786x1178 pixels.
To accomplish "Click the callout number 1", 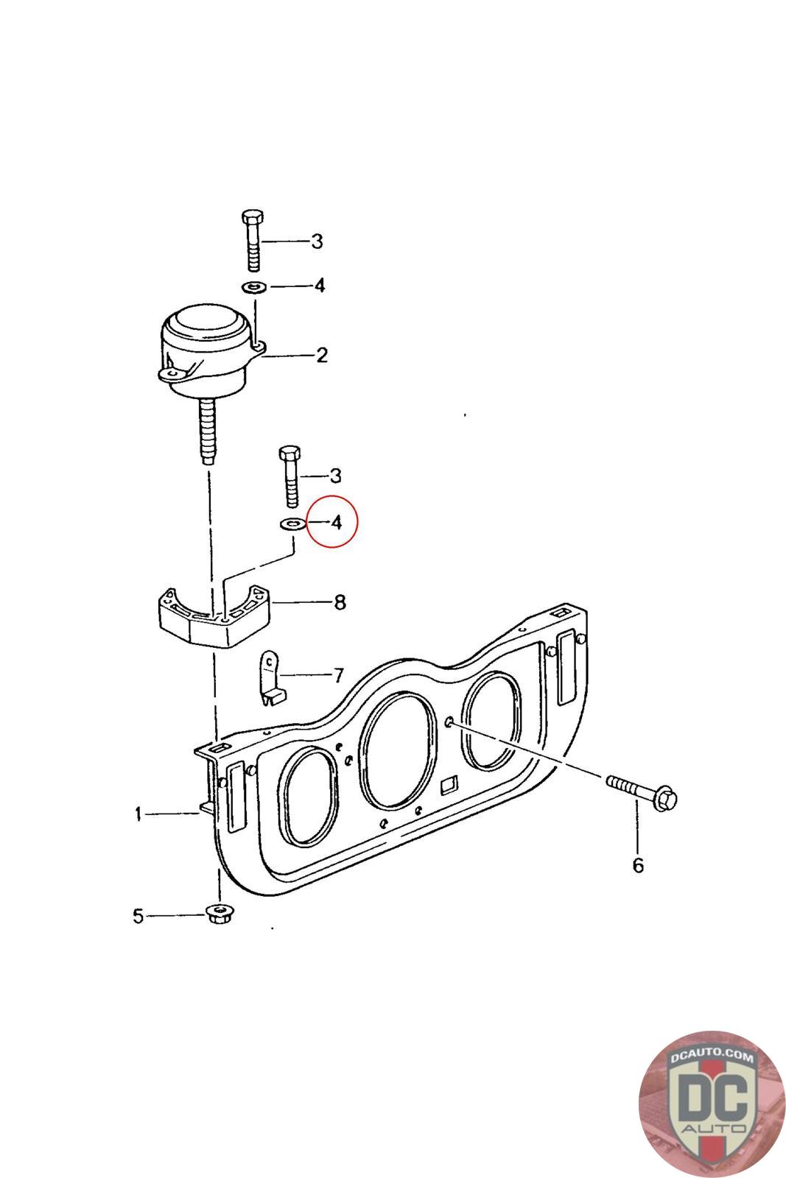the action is coord(138,814).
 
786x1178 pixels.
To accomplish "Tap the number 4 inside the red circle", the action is coord(336,522).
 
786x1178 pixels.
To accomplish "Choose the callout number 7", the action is coord(339,675).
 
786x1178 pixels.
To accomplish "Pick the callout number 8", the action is coord(340,602).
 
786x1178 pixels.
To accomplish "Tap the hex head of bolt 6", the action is coord(665,800).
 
